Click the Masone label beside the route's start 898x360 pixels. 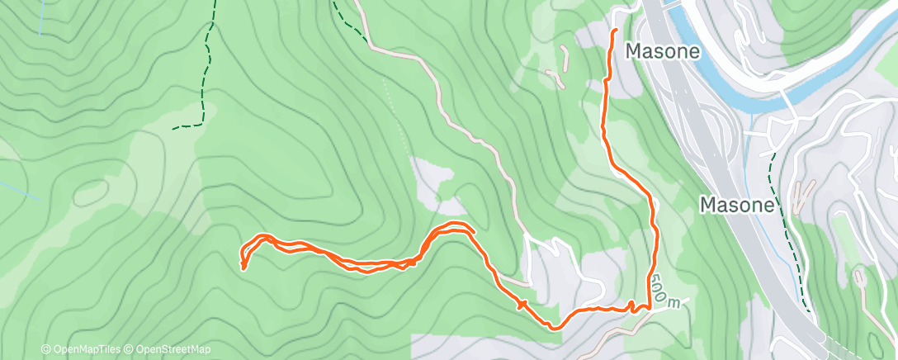[x=663, y=51]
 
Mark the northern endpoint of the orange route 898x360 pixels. [x=615, y=31]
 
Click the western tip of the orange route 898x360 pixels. [x=242, y=266]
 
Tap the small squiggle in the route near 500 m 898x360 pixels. [x=631, y=306]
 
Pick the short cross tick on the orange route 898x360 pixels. [x=520, y=305]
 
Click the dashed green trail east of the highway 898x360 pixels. [x=784, y=215]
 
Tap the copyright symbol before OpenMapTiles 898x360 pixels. [x=45, y=350]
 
